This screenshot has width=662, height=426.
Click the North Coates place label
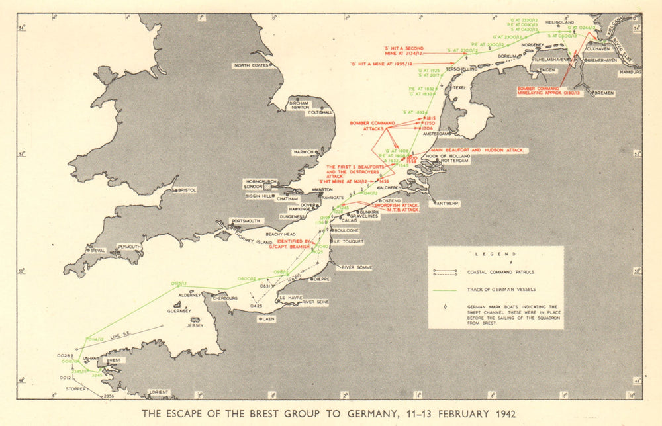tap(251, 65)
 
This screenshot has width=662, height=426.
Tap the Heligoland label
tap(559, 22)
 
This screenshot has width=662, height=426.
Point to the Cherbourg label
tap(223, 298)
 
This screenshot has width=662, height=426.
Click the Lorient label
tap(159, 392)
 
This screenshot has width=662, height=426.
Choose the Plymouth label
tap(129, 247)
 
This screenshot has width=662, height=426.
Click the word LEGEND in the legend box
tap(495, 254)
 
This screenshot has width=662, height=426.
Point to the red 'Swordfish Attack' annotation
tap(377, 206)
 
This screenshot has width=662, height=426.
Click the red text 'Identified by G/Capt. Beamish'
tap(293, 245)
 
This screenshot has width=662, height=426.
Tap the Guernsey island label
tap(179, 310)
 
